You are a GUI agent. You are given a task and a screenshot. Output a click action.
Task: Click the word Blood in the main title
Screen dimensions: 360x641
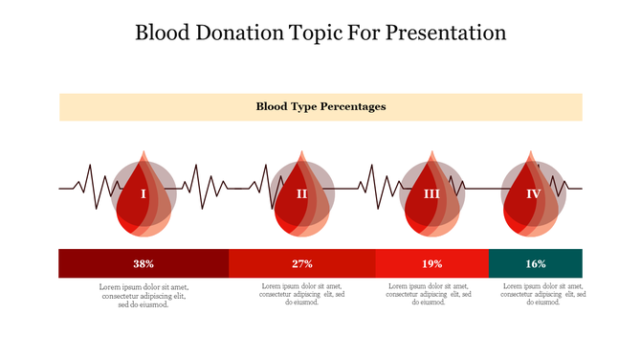[x=164, y=33]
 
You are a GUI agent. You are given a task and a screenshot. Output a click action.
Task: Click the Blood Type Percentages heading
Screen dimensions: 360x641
[x=320, y=106]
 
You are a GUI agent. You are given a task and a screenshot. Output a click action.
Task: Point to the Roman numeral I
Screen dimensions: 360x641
[x=144, y=194]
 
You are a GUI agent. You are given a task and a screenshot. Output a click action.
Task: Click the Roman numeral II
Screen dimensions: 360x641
[x=301, y=194]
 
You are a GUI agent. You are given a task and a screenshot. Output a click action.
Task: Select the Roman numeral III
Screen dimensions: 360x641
[x=431, y=194]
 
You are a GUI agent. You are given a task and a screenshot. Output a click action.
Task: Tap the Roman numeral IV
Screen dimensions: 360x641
[x=534, y=194]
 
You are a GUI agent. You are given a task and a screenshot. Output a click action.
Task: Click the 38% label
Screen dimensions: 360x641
[x=144, y=263]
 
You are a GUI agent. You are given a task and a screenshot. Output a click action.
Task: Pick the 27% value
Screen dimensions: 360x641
[x=302, y=263]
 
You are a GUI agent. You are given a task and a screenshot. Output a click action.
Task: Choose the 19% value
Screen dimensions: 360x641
[x=431, y=263]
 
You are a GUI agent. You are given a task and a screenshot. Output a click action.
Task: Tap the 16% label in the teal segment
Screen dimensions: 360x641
[x=535, y=263]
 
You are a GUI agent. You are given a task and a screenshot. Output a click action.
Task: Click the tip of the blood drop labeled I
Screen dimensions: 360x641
[x=144, y=153]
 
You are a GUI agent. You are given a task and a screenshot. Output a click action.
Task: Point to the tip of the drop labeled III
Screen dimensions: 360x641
[x=431, y=153]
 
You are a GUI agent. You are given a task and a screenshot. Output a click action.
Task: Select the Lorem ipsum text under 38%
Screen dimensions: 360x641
[x=144, y=295]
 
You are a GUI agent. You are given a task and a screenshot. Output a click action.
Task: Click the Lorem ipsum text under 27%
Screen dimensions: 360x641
[x=302, y=294]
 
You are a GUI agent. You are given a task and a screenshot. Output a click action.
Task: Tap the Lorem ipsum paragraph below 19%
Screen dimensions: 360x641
[x=431, y=294]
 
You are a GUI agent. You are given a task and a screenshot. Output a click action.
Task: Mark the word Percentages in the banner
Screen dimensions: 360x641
[x=353, y=106]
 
